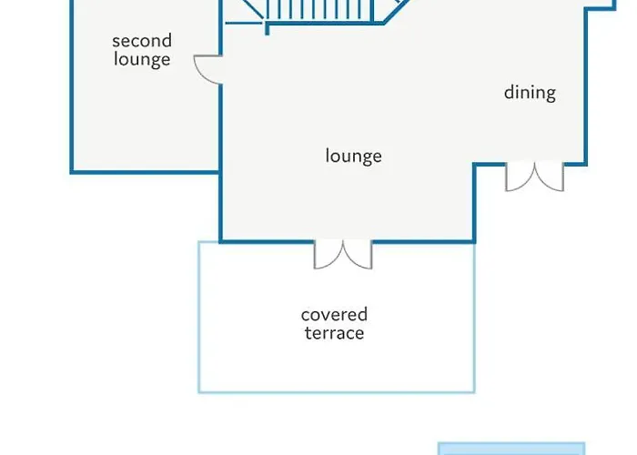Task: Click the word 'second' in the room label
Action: tap(142, 41)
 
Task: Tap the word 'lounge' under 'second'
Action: tap(142, 61)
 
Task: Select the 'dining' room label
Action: tap(530, 92)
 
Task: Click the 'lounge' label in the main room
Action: tap(353, 156)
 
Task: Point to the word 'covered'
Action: tap(334, 315)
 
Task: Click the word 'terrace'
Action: tap(334, 333)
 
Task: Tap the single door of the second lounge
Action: tap(208, 68)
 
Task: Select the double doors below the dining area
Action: tap(534, 177)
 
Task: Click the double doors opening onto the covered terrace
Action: tap(343, 255)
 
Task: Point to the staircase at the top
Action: tap(318, 14)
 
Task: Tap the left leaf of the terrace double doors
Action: tap(328, 256)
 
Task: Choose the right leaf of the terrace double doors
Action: tap(359, 256)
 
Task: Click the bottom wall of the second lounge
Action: tap(146, 171)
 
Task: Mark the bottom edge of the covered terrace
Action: tap(337, 391)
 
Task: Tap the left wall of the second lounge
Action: tap(72, 91)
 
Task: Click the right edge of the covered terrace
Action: tap(474, 318)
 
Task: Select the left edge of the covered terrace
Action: tap(199, 318)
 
